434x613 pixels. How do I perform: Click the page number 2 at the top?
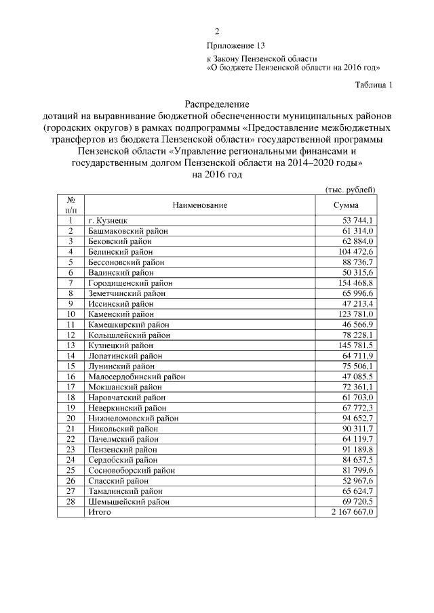[217, 31]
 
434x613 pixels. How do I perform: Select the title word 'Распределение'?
[217, 105]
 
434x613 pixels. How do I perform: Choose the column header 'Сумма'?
[346, 205]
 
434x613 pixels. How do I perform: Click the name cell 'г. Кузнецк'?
[108, 221]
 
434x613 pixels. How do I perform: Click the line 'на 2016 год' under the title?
[217, 174]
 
